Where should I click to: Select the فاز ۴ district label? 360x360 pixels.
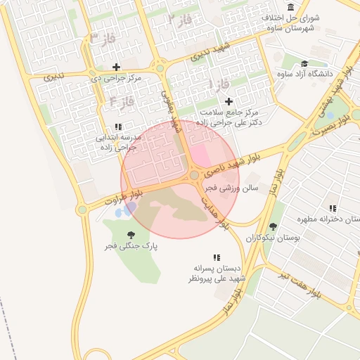pos(122,103)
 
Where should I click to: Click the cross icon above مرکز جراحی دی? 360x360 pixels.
pos(117,67)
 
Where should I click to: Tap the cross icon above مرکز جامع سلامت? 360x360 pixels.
pos(229,101)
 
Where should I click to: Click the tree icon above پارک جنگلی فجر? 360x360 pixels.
pos(131,235)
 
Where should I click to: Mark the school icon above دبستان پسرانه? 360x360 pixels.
pos(217,257)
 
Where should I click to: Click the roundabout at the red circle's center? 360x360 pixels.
pos(194,175)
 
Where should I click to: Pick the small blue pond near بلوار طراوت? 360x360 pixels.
pos(124,210)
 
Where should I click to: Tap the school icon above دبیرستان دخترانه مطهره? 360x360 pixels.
pos(333,208)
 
